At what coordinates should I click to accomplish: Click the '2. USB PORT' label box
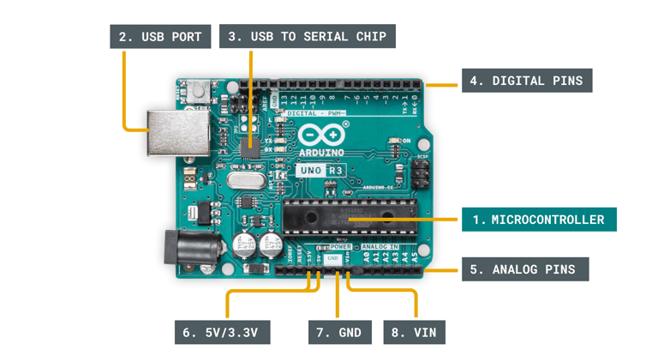coord(160,36)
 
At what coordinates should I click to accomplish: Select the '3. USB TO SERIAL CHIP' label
coord(307,36)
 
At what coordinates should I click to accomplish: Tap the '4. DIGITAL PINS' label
coord(526,81)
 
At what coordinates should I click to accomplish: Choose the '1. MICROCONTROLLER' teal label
coord(538,220)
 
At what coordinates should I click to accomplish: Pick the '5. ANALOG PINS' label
coord(525,269)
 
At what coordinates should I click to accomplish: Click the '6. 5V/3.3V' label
coord(222,332)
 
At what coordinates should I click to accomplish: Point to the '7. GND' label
coord(339,332)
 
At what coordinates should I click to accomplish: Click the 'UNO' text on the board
coord(309,171)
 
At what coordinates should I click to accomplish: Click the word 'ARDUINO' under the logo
coord(321,153)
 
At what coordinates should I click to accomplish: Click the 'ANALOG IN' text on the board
coord(380,246)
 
